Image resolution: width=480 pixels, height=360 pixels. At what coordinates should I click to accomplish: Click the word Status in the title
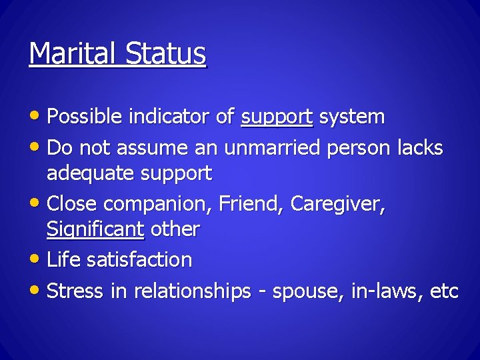(167, 53)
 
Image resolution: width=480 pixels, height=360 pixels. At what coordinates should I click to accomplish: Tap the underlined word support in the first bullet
(277, 117)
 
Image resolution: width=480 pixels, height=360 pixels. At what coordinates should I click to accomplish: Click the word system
(351, 117)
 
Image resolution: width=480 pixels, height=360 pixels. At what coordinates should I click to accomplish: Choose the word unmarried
(273, 147)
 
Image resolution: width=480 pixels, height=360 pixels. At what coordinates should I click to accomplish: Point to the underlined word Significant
(95, 229)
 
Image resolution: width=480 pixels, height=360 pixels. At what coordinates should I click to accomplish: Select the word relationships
(192, 291)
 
